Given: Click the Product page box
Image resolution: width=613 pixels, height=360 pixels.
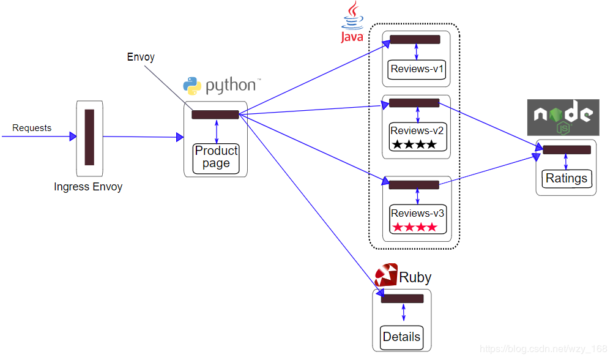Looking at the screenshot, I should tap(216, 158).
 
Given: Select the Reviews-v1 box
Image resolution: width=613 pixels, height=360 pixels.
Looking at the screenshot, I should tap(417, 69).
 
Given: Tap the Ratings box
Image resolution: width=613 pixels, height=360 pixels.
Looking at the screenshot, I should tap(567, 179).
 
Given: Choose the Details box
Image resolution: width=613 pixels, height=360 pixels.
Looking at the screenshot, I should tap(401, 337).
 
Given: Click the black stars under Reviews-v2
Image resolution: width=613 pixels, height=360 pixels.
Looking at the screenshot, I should tap(415, 144).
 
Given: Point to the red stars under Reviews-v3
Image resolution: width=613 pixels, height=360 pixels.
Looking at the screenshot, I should tap(415, 227).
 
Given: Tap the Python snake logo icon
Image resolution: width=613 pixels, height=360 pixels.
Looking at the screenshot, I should tap(193, 86).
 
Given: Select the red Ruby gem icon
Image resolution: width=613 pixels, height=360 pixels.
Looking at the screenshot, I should tap(386, 276).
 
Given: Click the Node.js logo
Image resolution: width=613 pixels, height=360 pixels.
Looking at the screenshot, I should tap(563, 118).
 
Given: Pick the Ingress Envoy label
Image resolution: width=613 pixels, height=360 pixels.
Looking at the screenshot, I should tap(88, 187).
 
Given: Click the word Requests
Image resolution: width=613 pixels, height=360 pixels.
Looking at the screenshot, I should tap(32, 128).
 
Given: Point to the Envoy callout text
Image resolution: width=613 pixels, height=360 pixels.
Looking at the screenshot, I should tap(141, 57).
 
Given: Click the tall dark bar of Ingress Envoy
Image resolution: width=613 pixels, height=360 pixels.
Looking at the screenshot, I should tap(89, 137).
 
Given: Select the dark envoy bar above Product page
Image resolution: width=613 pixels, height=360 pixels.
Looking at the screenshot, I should tap(215, 114).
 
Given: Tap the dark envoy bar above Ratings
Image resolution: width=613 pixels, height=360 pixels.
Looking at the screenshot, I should tap(567, 149).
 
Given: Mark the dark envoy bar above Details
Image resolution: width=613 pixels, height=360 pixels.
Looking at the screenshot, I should tap(402, 299).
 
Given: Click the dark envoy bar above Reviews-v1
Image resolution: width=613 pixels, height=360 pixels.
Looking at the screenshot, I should tap(415, 40).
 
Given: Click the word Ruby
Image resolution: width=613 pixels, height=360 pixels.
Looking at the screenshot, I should tap(415, 277).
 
